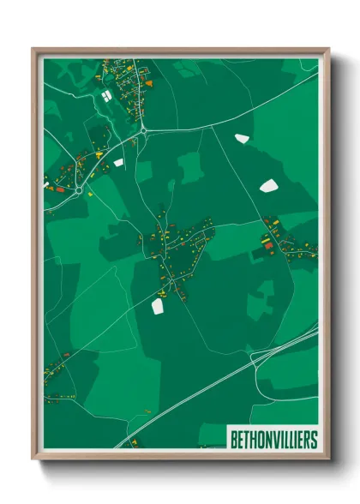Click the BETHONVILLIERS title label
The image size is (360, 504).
click(273, 440)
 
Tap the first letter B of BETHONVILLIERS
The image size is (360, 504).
click(234, 440)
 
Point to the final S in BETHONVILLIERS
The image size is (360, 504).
click(313, 440)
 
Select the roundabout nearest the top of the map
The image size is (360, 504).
click(142, 130)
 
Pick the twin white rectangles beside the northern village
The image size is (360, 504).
click(106, 94)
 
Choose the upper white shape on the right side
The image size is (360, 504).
click(241, 137)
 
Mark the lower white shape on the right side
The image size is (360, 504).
click(268, 185)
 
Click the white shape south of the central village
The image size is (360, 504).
click(157, 303)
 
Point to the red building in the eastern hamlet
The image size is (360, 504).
click(267, 245)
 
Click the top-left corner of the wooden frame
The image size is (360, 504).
click(33, 49)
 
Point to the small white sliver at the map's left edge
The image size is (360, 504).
click(46, 183)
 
